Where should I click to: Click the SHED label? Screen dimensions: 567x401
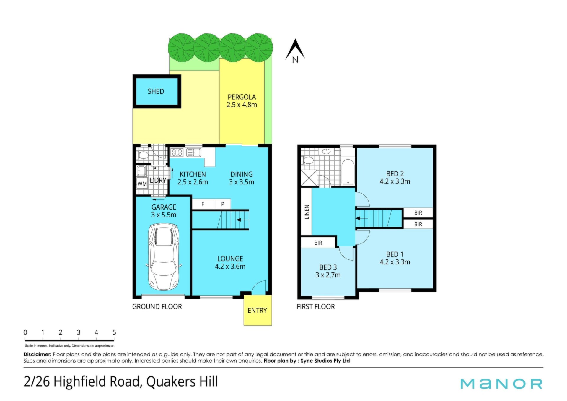coord(156,91)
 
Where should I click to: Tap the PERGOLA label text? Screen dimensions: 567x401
coord(242,97)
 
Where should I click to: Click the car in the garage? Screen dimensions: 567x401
coord(164,256)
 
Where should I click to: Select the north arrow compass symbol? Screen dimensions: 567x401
coord(295,51)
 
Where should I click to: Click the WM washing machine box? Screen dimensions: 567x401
coord(142,184)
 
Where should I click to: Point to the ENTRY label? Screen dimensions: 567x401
coord(257,310)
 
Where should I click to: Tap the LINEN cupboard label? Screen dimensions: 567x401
coord(307,212)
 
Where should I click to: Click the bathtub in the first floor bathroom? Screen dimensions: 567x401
coord(348,172)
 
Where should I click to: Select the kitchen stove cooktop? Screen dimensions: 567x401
coord(177,152)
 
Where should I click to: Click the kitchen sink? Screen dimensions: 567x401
coord(194,152)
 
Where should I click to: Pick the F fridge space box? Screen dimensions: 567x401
coord(203,204)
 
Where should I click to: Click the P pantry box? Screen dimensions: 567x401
coord(223,204)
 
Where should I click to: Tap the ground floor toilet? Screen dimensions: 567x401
coord(143,155)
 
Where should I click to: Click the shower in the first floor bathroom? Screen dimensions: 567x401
coord(309,178)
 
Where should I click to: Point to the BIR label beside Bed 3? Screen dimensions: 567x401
coord(318,243)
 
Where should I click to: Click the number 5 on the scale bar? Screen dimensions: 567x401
coord(114,332)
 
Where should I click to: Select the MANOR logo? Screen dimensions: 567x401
coord(501,384)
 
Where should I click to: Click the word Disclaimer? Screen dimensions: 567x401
coord(38,354)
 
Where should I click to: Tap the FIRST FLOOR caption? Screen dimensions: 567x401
coord(316,307)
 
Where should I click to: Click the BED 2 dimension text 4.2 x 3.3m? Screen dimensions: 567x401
coord(395,181)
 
